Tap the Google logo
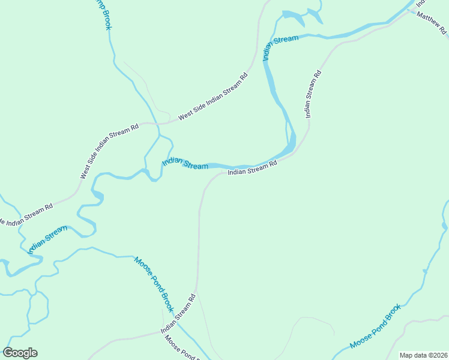pyautogui.click(x=20, y=353)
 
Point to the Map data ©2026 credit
pyautogui.click(x=423, y=355)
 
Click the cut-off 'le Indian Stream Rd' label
pyautogui.click(x=26, y=215)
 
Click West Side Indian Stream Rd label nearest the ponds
pyautogui.click(x=212, y=97)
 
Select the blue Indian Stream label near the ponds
pyautogui.click(x=280, y=47)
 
